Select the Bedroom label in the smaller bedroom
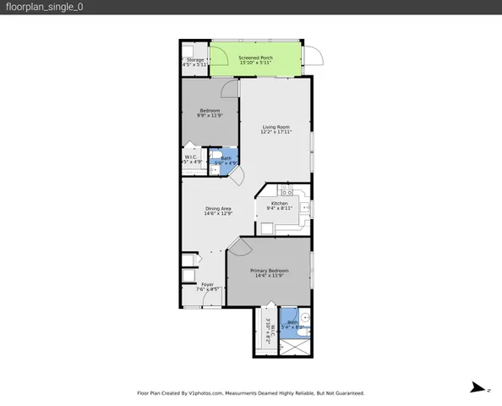(210, 111)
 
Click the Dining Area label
(218, 209)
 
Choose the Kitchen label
(280, 203)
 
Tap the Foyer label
(207, 284)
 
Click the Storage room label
(194, 59)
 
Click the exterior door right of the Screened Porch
(314, 57)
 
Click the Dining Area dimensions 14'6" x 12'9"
(218, 214)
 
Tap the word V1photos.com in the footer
(206, 393)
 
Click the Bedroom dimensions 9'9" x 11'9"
(210, 116)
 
